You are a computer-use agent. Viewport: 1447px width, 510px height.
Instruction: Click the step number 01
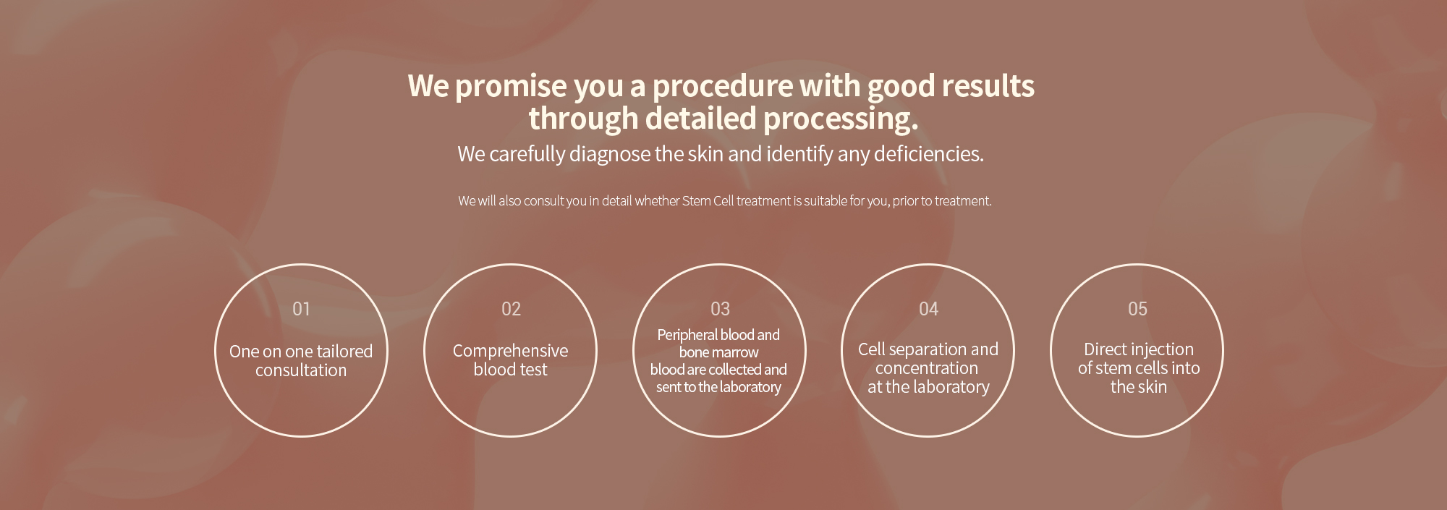pos(301,309)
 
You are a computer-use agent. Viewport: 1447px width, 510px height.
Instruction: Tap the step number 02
pos(511,309)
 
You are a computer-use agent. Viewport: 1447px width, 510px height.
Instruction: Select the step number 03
pos(720,309)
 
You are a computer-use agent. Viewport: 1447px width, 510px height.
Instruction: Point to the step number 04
pos(928,309)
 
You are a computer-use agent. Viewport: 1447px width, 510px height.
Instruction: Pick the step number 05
pos(1137,309)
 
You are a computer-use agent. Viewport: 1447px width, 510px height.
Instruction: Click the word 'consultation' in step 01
pos(301,370)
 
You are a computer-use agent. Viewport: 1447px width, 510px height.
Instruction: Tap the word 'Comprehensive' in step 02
pos(510,351)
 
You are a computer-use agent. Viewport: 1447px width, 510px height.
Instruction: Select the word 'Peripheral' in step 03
pos(686,335)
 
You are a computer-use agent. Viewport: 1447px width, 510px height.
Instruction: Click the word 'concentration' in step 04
pos(927,368)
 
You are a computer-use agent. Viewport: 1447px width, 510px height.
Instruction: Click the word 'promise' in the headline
pos(511,86)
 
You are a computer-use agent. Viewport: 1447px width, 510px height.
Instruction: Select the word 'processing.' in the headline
pos(841,119)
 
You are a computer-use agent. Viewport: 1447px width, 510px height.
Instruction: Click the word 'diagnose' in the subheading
pos(610,154)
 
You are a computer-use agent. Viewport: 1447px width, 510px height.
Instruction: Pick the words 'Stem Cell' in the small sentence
pos(708,201)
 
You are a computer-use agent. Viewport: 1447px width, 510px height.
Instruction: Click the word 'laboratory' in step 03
pos(750,387)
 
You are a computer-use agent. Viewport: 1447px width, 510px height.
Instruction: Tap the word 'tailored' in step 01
pos(344,352)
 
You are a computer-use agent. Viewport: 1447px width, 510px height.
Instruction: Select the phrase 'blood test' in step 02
pos(510,370)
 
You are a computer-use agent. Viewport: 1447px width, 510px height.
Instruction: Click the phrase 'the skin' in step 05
pos(1139,387)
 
